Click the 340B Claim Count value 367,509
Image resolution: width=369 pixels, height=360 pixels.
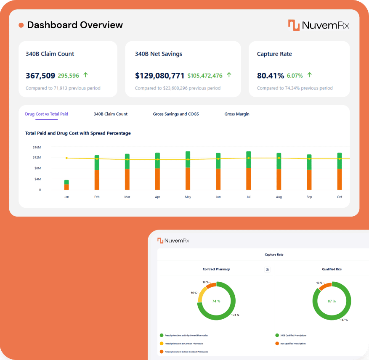(x=40, y=76)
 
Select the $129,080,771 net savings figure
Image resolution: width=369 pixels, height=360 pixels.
(x=159, y=76)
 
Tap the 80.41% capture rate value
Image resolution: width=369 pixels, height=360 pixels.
(x=270, y=76)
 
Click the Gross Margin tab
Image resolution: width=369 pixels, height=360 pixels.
(x=236, y=114)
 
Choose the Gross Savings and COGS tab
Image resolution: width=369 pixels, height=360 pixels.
(x=176, y=114)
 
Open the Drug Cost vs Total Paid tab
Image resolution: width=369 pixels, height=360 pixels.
(x=46, y=114)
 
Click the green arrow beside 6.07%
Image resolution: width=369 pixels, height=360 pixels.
(x=310, y=75)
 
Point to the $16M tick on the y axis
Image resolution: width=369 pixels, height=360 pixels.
(x=37, y=147)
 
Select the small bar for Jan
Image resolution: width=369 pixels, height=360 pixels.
(x=66, y=185)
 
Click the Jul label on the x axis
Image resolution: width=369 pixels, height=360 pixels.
(x=248, y=197)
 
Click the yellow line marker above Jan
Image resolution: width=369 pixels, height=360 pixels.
(x=66, y=158)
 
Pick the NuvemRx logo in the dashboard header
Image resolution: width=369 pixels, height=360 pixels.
(x=319, y=25)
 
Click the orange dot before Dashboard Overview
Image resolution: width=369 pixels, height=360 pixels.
(x=21, y=25)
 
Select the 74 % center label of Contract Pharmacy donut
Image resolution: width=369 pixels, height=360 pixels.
(x=216, y=301)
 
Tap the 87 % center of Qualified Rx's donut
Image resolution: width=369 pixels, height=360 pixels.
(x=332, y=301)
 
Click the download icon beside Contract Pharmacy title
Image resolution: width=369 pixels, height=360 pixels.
(x=267, y=270)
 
